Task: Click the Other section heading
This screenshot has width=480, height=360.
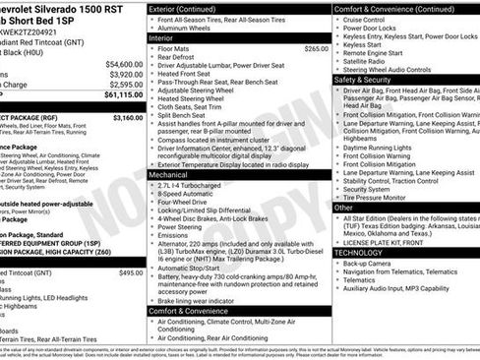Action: [344, 208]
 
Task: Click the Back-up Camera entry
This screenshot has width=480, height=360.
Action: [370, 264]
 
